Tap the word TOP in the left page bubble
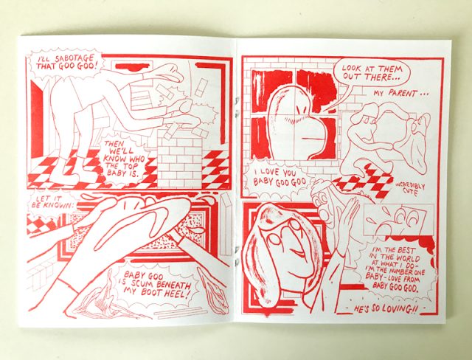(130, 166)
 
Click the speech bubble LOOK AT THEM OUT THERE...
(372, 73)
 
